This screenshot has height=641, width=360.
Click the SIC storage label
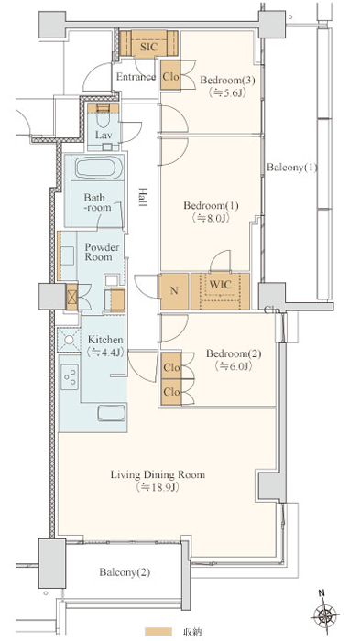coord(148,47)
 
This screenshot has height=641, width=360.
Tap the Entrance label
coord(136,77)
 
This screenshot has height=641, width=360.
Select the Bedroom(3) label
coord(227,81)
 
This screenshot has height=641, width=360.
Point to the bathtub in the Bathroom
coord(100,168)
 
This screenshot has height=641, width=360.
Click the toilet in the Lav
coord(103,118)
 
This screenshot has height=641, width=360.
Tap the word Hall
coord(142,197)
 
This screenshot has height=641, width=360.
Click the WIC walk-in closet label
coord(220,285)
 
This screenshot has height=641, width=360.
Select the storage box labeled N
coord(174,291)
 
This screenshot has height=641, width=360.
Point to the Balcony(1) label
coord(291,168)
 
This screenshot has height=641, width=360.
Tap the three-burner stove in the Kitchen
coord(70,376)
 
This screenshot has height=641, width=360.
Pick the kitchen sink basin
coord(112,412)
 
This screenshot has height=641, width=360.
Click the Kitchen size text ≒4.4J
coord(105,353)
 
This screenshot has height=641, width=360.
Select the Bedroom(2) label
coord(234,353)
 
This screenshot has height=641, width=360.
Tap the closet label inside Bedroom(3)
coord(171,76)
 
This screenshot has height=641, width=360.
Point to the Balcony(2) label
coord(125,572)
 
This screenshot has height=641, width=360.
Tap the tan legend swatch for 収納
coord(158,631)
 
